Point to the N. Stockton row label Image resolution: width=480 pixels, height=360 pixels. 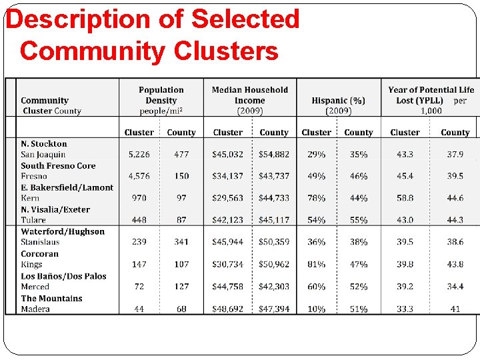click(x=44, y=144)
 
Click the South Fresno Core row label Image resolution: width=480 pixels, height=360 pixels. click(x=58, y=166)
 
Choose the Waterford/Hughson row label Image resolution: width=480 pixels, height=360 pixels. click(x=63, y=232)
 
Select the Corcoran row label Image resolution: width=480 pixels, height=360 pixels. click(x=39, y=254)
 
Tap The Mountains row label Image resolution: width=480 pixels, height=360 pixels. click(x=51, y=299)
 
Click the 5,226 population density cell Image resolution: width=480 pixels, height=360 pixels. click(x=139, y=155)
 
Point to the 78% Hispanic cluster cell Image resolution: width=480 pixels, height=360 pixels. click(x=316, y=199)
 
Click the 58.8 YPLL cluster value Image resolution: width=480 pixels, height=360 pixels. click(x=405, y=199)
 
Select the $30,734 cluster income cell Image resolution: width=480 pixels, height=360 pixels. click(x=227, y=265)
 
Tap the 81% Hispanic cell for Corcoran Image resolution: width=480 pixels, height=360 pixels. click(x=316, y=265)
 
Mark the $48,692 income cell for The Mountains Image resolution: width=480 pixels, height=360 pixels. click(x=227, y=309)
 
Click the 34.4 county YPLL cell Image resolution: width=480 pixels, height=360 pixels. click(x=455, y=287)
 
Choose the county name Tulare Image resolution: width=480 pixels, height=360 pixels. click(x=33, y=221)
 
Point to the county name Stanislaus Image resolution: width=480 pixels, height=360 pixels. click(x=40, y=243)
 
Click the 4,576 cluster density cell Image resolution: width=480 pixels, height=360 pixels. click(x=139, y=177)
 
